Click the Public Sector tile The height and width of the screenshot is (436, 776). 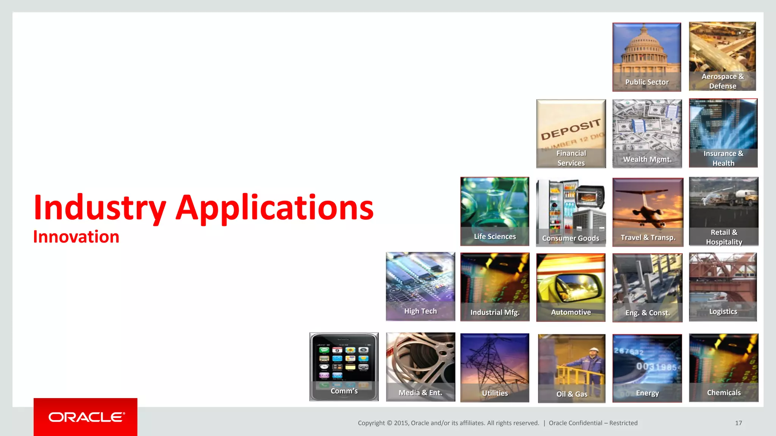point(646,57)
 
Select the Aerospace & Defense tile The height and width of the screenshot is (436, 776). point(722,56)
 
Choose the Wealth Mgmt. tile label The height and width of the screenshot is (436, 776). point(647,159)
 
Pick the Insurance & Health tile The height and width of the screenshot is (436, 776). point(723,133)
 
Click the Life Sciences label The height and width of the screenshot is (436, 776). point(495,237)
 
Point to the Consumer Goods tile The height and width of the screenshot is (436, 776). point(571,212)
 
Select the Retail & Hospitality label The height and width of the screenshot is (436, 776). point(724,237)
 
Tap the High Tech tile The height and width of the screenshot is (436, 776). point(420,286)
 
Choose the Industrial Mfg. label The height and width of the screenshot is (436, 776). point(495,312)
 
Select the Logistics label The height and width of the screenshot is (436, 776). point(723,311)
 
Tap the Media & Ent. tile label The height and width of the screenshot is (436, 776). point(420,392)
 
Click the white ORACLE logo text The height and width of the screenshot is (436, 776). point(86,417)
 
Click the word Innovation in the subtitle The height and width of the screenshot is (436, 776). point(76,237)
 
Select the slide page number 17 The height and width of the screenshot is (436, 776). point(738,423)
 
